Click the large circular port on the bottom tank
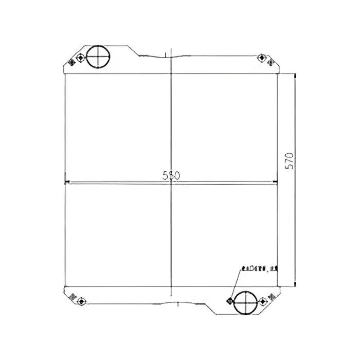coord(244,302)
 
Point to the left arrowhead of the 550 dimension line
coord(65,181)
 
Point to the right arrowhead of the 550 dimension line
coord(276,181)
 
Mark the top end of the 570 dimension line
coord(296,75)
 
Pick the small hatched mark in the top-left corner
coord(70,62)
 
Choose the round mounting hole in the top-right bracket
coord(261,57)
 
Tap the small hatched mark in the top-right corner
coord(271,62)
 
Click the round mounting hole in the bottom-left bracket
coord(80,300)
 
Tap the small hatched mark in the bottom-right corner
coord(271,295)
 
